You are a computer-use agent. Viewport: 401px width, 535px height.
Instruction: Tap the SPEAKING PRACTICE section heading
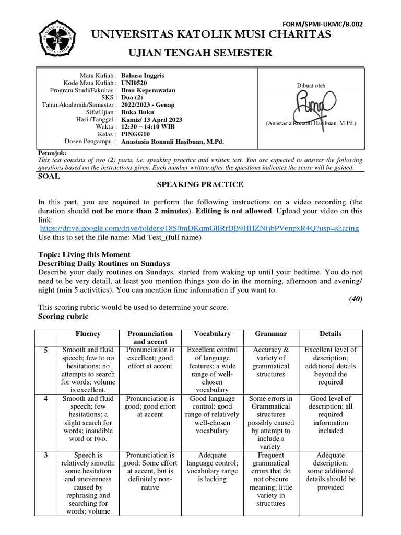(200, 184)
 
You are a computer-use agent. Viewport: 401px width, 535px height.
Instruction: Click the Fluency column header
(88, 333)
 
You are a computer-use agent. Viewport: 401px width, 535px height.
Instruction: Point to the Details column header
(331, 333)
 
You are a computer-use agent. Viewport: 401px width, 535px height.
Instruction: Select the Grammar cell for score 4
(271, 422)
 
